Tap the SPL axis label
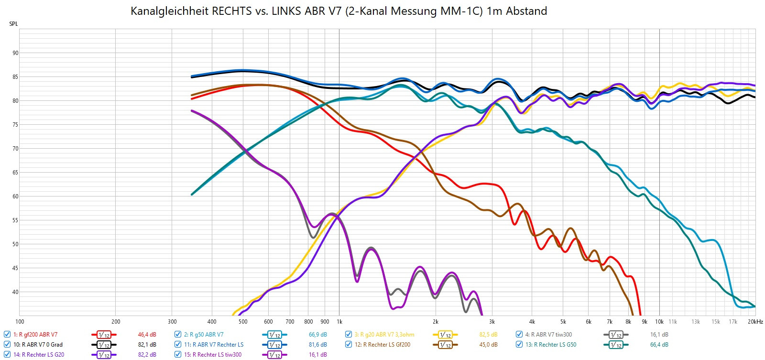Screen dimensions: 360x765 coord(13,24)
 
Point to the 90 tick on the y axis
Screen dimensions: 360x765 coord(15,53)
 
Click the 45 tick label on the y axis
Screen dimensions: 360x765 coord(15,268)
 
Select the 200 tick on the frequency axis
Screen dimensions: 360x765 coord(116,322)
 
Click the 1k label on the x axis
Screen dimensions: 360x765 coord(339,322)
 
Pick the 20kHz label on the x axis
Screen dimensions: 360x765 coord(755,322)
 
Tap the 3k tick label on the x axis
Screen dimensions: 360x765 coord(492,322)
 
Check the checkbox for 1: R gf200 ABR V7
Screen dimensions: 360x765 coord(7,335)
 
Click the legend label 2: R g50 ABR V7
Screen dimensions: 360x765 coord(204,335)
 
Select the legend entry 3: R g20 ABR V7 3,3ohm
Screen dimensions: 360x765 coord(384,335)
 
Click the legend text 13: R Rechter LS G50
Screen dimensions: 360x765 coord(551,345)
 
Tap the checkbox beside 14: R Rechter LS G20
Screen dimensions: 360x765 coord(7,355)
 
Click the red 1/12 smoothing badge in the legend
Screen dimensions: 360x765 coord(104,335)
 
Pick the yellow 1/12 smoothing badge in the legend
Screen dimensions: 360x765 coord(445,335)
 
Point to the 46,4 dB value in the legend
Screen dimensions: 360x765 coord(147,335)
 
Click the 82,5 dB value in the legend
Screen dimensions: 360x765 coord(488,335)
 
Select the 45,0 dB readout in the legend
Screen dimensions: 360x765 coord(488,345)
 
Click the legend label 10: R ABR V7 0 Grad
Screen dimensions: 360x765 coord(38,345)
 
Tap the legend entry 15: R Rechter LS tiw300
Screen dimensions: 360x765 coord(213,355)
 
